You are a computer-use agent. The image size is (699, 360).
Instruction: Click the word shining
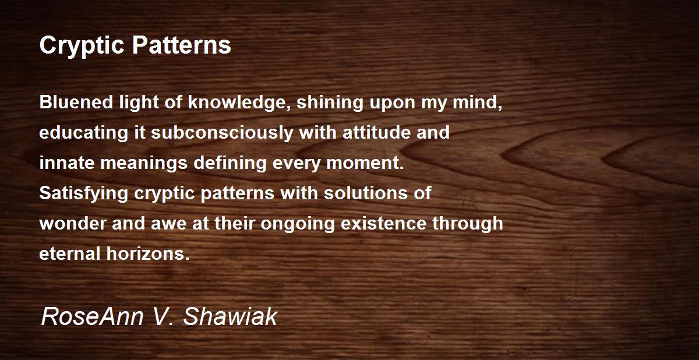(x=329, y=103)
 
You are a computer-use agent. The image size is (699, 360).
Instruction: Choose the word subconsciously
(x=223, y=133)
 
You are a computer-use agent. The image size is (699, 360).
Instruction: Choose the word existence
(x=386, y=224)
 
